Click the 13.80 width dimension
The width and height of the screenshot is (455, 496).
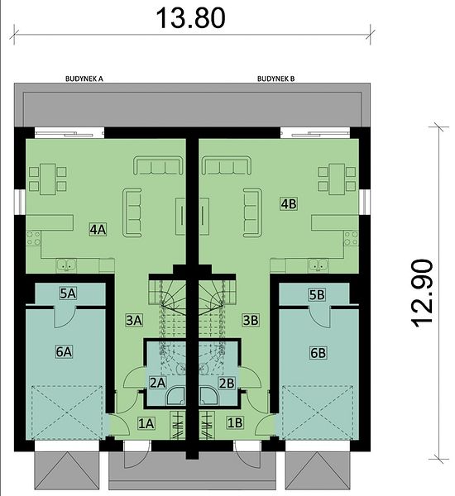[x=190, y=18]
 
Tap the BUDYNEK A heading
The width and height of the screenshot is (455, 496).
[x=84, y=79]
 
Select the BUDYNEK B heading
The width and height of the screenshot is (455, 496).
[x=275, y=79]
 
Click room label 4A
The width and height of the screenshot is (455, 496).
[x=98, y=229]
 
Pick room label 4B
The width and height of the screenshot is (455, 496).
[x=289, y=203]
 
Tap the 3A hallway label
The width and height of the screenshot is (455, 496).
[x=134, y=320]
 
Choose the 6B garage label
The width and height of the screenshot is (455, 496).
[x=318, y=353]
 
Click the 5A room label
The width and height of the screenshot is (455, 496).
[x=68, y=293]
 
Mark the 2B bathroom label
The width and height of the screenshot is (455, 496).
[x=227, y=383]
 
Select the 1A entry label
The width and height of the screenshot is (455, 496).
[x=146, y=423]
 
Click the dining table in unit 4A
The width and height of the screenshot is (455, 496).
[x=48, y=179]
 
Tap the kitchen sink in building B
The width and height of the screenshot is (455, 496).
[x=318, y=265]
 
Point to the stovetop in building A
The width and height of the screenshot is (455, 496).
[x=33, y=239]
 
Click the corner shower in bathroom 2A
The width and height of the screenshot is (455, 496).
[x=175, y=395]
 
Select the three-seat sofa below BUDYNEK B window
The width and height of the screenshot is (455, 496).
[x=227, y=165]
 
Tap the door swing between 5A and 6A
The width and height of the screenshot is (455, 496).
[x=65, y=317]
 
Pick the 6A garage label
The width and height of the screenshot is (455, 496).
[x=64, y=351]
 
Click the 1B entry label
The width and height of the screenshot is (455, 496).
[x=235, y=423]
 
